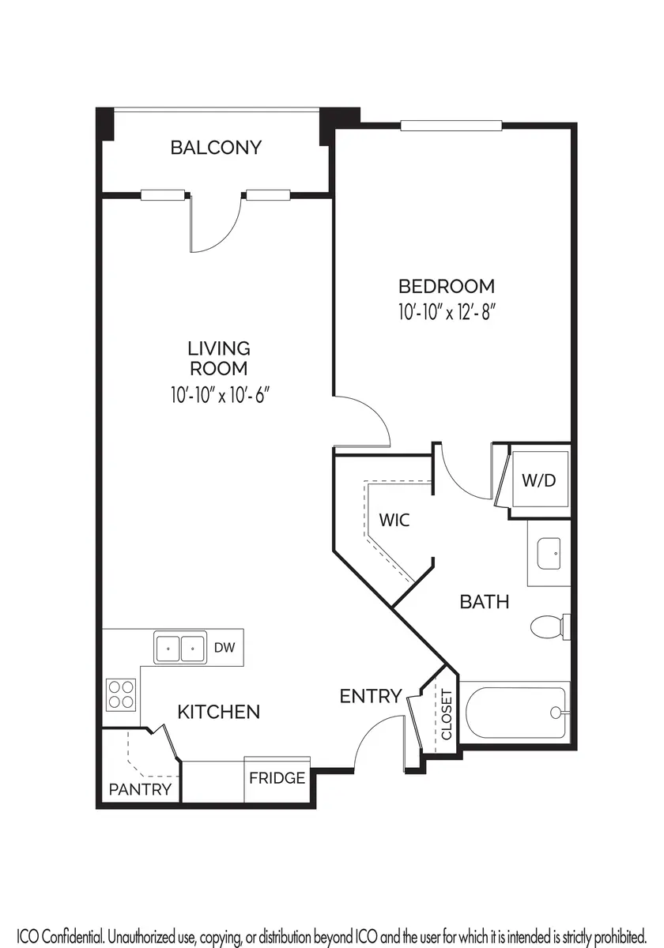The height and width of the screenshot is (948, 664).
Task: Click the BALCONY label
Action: (x=216, y=147)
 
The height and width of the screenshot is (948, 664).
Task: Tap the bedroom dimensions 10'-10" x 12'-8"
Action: (x=447, y=313)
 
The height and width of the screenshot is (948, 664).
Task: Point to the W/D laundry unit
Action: (x=540, y=479)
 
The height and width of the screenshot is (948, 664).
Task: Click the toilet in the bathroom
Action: (x=550, y=626)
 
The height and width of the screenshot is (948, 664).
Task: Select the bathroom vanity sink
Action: (x=549, y=554)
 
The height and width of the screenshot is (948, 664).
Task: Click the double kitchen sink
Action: (x=180, y=648)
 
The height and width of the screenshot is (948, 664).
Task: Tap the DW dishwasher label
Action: (x=224, y=647)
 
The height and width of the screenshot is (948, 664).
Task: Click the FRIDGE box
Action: (x=277, y=779)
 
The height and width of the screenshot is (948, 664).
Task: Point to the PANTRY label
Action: (x=140, y=789)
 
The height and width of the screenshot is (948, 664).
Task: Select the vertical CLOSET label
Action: (x=447, y=715)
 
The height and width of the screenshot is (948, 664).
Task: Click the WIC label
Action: (x=394, y=520)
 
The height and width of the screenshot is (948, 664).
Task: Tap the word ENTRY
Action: (x=371, y=696)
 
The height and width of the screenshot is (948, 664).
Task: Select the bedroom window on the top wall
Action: (x=451, y=126)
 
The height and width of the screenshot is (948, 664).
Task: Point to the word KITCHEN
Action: (x=219, y=713)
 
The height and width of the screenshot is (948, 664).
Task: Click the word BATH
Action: (x=485, y=602)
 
